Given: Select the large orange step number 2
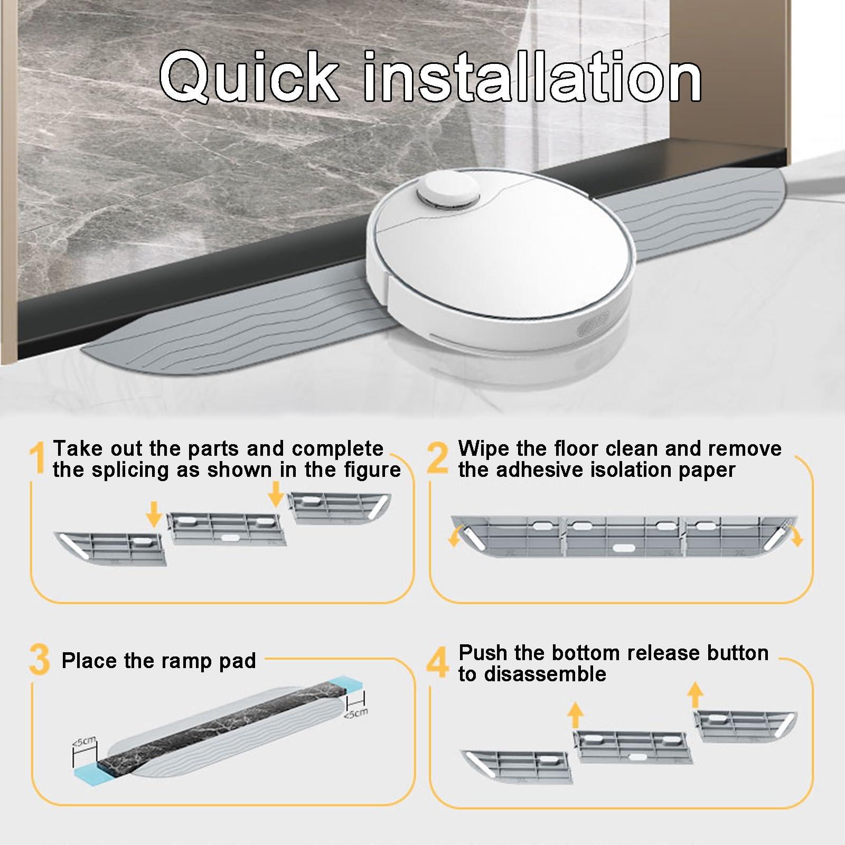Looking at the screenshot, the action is [438, 458].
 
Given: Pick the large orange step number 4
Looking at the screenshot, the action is [438, 661].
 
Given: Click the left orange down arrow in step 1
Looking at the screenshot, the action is [154, 514].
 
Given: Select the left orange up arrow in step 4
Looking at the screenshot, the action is [576, 716].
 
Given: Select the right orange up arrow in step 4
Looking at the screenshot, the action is [696, 694].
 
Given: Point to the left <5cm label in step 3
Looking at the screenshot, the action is [84, 741].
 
